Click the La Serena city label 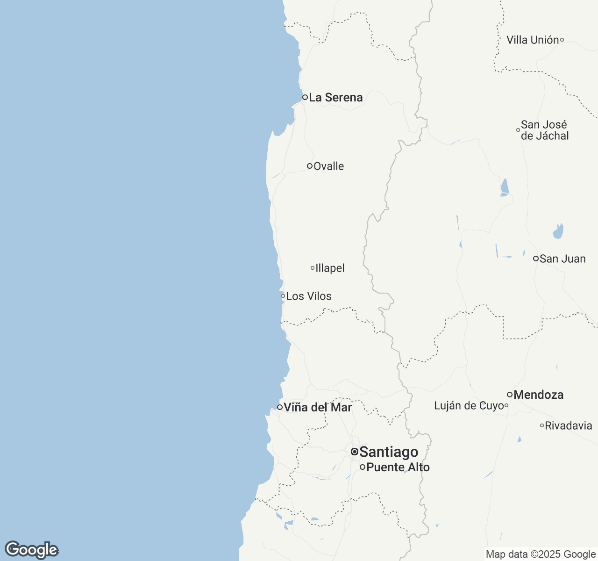pos(335,97)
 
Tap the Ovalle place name pos(328,166)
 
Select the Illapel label pos(330,268)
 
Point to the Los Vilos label pos(309,296)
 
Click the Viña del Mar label pos(318,407)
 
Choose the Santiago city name pos(389,452)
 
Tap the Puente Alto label pos(398,467)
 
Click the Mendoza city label pos(538,395)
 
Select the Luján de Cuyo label pos(469,406)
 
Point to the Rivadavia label pos(569,425)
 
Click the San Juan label pos(562,259)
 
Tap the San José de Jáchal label pos(545,130)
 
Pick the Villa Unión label pos(533,40)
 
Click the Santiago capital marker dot pos(355,452)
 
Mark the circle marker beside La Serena pos(305,97)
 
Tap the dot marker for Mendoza pos(509,395)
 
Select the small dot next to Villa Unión pos(562,40)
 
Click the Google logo pos(31,550)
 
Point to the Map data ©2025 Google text pos(541,554)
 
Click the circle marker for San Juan pos(535,259)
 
